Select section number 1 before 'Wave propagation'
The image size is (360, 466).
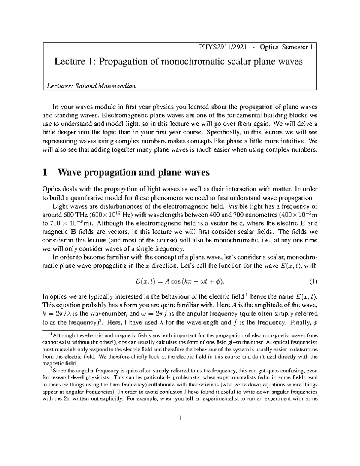45,173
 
